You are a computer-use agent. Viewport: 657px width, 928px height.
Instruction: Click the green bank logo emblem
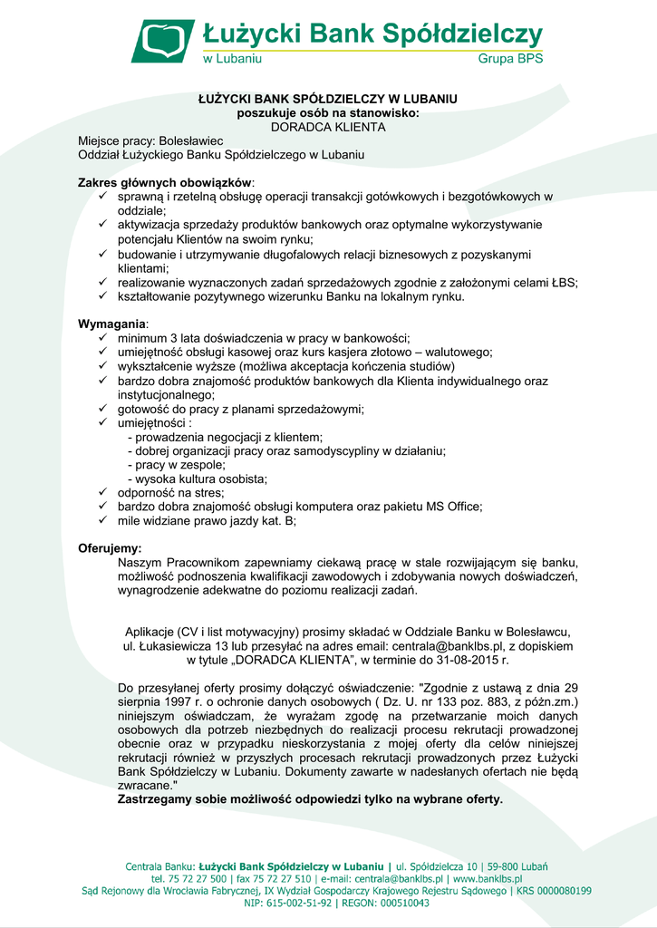(163, 41)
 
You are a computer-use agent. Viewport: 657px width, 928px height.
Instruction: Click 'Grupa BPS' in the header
(510, 59)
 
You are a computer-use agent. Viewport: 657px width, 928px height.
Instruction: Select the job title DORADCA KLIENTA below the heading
(328, 127)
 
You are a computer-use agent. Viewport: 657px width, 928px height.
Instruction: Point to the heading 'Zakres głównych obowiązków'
(164, 182)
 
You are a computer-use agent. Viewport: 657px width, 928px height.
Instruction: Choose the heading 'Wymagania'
(111, 324)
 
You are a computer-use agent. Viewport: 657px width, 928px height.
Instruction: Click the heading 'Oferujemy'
(109, 548)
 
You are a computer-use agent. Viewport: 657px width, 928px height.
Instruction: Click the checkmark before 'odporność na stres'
(103, 492)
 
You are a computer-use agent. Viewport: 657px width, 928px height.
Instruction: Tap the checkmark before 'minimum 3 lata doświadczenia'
(103, 338)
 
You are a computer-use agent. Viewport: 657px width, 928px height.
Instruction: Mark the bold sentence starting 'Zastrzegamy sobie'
(310, 800)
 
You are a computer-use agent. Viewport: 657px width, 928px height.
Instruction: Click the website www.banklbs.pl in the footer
(487, 878)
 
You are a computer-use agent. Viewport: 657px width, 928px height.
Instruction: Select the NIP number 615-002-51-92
(300, 904)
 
